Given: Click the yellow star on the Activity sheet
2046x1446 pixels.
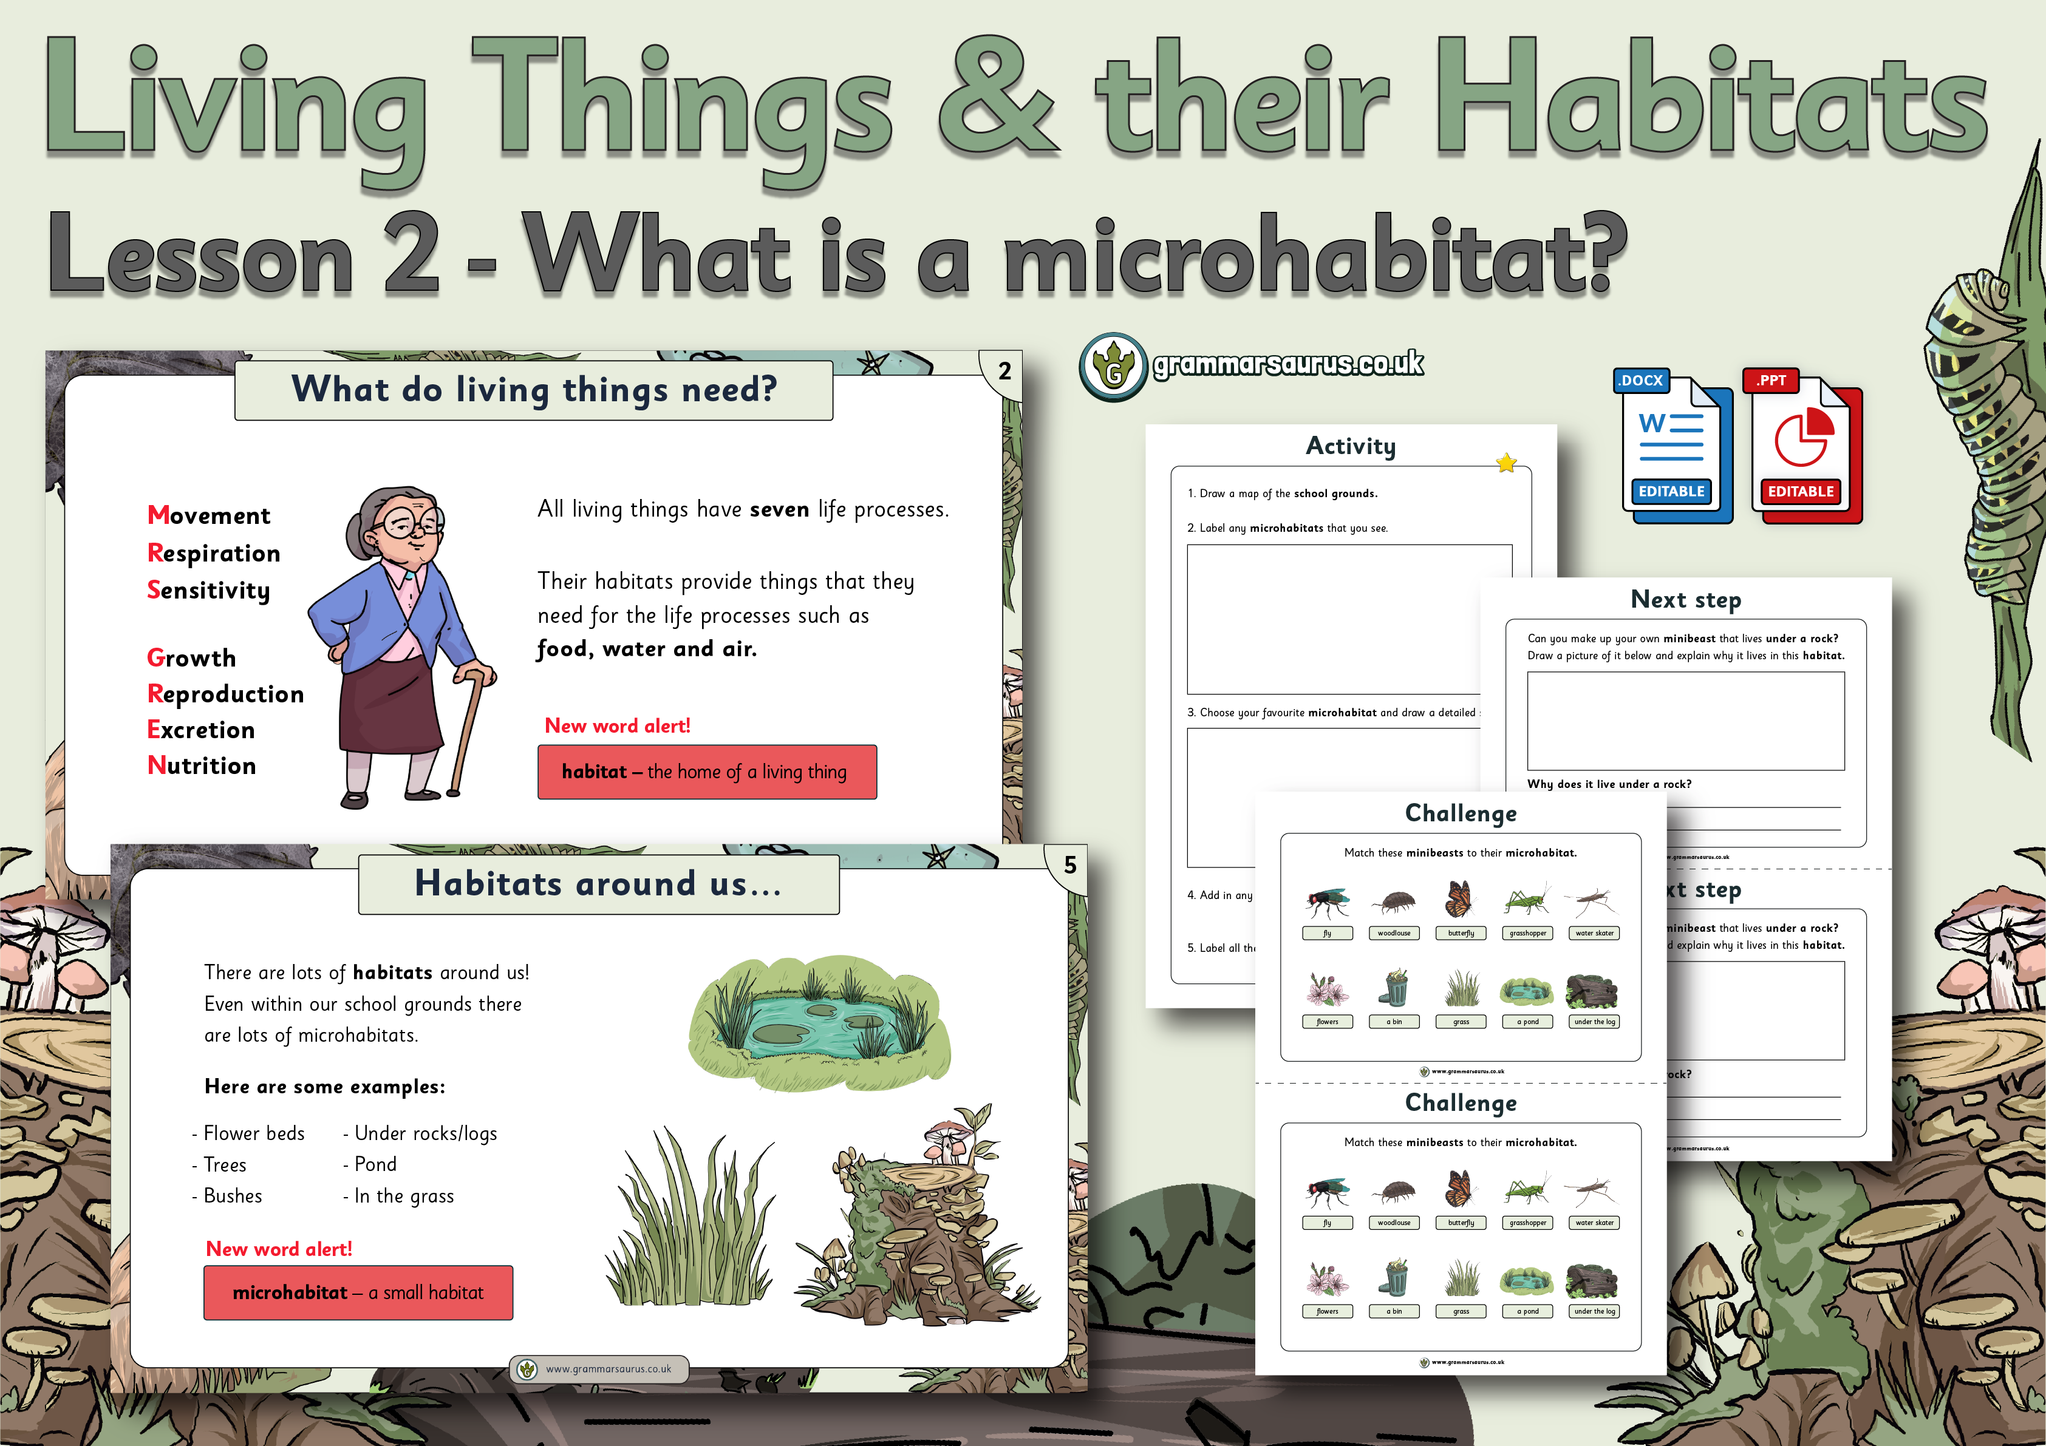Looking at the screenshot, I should click(1506, 463).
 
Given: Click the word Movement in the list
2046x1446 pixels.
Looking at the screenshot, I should click(208, 515).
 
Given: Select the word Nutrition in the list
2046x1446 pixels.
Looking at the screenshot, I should click(202, 765).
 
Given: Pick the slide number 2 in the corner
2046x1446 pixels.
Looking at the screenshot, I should click(1004, 372).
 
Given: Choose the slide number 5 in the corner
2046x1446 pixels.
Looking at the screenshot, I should click(1069, 865).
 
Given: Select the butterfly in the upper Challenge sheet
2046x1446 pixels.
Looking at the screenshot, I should click(1459, 900).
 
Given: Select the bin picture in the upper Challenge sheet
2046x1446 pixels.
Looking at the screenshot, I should click(1394, 989).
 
